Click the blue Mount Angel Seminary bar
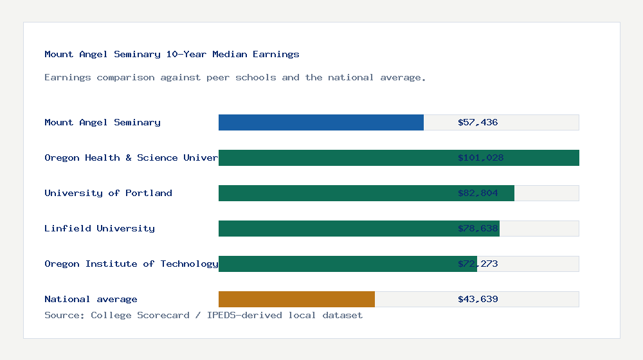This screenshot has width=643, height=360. [321, 122]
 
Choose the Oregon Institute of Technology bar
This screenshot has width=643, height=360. [334, 264]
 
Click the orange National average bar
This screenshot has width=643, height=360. [296, 299]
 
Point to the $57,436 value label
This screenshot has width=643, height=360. [478, 122]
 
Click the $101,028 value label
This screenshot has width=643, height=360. [480, 157]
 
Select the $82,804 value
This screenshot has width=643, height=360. [478, 193]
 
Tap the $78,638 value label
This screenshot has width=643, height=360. [478, 228]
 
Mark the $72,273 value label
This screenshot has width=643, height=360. [478, 264]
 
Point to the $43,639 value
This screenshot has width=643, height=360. [478, 299]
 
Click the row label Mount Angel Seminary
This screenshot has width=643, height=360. [102, 122]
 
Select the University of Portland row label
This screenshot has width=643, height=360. [108, 193]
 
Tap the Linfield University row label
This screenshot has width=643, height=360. [100, 228]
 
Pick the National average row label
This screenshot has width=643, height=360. [91, 299]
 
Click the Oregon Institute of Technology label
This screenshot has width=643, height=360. [131, 264]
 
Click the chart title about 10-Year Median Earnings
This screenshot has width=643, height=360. [172, 54]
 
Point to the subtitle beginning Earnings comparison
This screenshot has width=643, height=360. [235, 78]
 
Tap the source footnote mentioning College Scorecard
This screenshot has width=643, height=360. [203, 315]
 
